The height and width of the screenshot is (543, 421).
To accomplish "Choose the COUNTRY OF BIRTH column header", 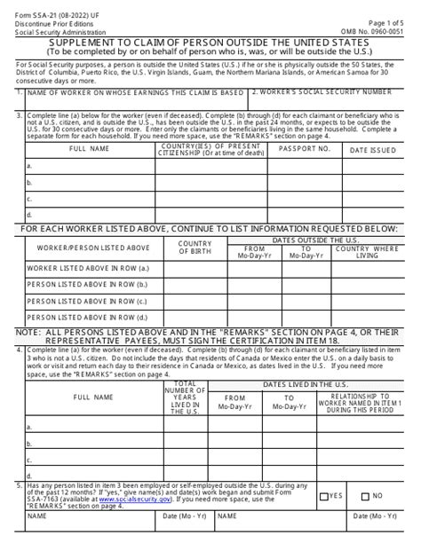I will click(195, 246).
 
